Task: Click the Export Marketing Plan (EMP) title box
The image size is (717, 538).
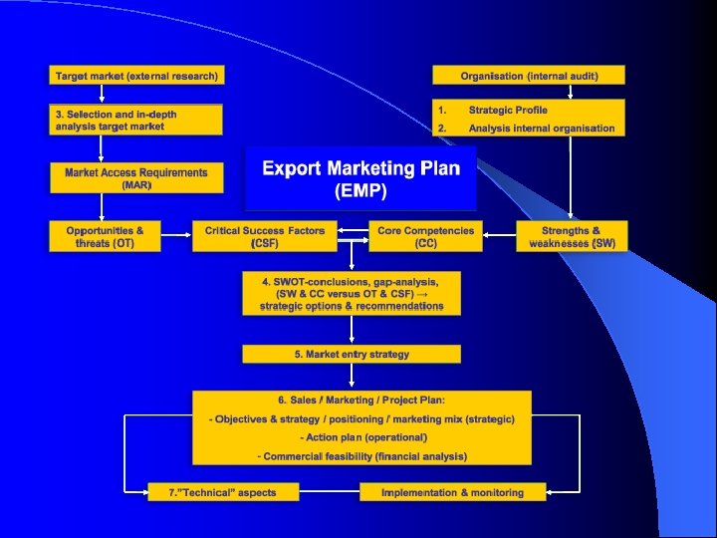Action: point(360,178)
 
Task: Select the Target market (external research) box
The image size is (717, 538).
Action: point(136,76)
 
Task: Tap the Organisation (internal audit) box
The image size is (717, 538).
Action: point(529,76)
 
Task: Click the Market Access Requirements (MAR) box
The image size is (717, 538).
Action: point(136,178)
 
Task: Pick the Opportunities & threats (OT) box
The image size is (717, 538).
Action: point(105,236)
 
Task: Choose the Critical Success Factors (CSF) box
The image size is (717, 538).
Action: point(264,236)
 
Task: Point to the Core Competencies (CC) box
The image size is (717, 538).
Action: point(425,236)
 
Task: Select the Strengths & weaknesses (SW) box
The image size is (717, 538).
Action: point(572,236)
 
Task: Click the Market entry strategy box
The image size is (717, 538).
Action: point(352,354)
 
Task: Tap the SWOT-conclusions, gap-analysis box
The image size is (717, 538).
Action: point(352,293)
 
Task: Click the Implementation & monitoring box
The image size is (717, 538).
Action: point(452,492)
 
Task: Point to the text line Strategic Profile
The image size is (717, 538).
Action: point(508,110)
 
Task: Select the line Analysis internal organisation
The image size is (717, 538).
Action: point(542,128)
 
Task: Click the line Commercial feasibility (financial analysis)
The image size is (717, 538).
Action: point(361,456)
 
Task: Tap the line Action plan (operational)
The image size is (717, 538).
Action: point(362,437)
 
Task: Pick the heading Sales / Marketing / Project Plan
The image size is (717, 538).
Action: point(361,401)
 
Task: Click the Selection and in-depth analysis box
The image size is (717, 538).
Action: point(136,121)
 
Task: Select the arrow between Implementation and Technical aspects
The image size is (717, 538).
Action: point(330,492)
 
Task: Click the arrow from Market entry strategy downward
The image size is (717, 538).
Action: point(352,377)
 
